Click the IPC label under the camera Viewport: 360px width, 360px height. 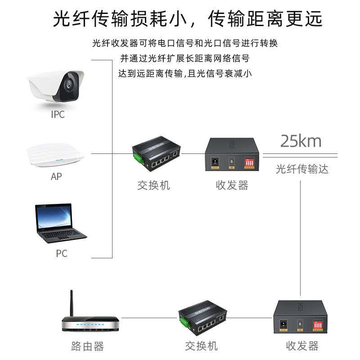point(58,114)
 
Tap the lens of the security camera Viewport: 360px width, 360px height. point(68,84)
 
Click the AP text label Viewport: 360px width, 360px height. point(56,177)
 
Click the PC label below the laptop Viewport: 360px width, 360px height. point(62,253)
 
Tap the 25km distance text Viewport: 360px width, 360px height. point(301,141)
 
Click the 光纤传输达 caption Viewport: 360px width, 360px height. point(302,169)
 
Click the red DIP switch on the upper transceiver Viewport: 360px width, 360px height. point(249,162)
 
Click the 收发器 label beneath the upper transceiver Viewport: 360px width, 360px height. point(232,185)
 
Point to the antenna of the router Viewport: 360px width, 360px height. point(72,304)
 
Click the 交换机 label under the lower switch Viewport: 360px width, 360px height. point(201,346)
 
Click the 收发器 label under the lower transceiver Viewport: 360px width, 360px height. point(302,346)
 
